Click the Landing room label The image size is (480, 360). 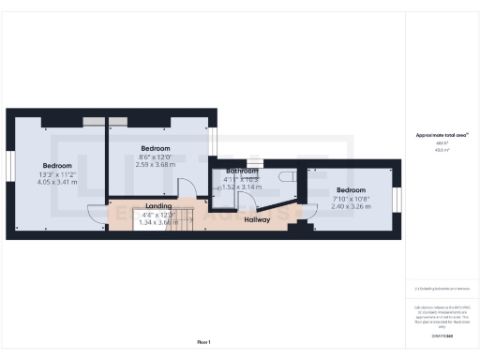point(157,205)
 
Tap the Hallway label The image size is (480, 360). point(257,220)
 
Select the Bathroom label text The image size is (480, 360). point(241,172)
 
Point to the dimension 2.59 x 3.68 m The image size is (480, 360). point(156,165)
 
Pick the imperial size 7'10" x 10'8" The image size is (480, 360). point(352,198)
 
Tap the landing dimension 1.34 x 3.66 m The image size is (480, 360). point(157,222)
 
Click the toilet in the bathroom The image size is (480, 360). point(287,176)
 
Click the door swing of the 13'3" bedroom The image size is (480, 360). point(97,214)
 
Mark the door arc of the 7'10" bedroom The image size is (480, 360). point(309,211)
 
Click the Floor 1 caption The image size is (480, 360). point(204,341)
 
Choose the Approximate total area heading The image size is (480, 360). point(442,135)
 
